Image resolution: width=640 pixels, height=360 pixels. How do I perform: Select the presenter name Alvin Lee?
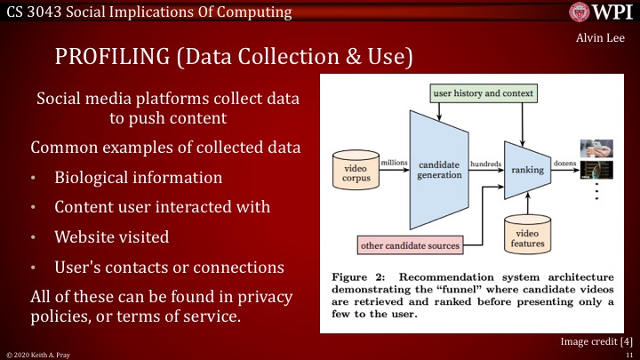(x=608, y=38)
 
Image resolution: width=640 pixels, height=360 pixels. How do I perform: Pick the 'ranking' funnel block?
(x=526, y=164)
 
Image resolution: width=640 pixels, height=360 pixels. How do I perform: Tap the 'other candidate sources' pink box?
(x=411, y=244)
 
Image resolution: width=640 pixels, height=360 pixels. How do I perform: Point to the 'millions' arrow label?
(x=393, y=163)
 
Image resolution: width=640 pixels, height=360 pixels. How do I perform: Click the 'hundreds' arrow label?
(x=484, y=163)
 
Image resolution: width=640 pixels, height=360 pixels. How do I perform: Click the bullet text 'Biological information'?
(x=138, y=177)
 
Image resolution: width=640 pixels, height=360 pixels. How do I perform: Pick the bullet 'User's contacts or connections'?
(x=169, y=267)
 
